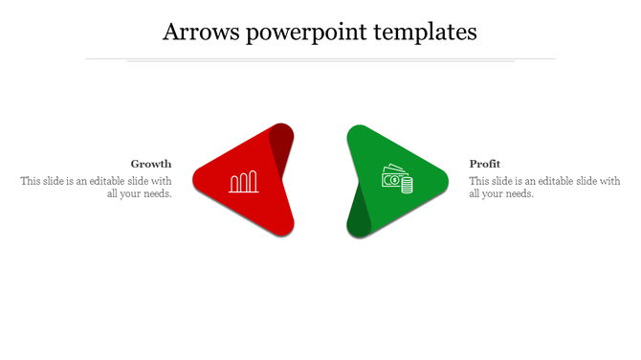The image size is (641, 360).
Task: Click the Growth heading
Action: click(x=151, y=164)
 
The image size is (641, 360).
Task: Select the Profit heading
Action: click(x=485, y=164)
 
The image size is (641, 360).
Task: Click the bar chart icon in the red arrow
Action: click(x=244, y=182)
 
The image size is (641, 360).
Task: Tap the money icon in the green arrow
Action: click(x=397, y=179)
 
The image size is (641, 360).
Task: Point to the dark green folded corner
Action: click(x=359, y=213)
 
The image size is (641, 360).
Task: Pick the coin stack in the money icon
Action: click(x=406, y=185)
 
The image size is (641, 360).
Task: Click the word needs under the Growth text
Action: click(x=156, y=193)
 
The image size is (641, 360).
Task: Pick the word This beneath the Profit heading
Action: click(x=479, y=180)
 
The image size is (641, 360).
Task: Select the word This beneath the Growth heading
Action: click(x=31, y=180)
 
